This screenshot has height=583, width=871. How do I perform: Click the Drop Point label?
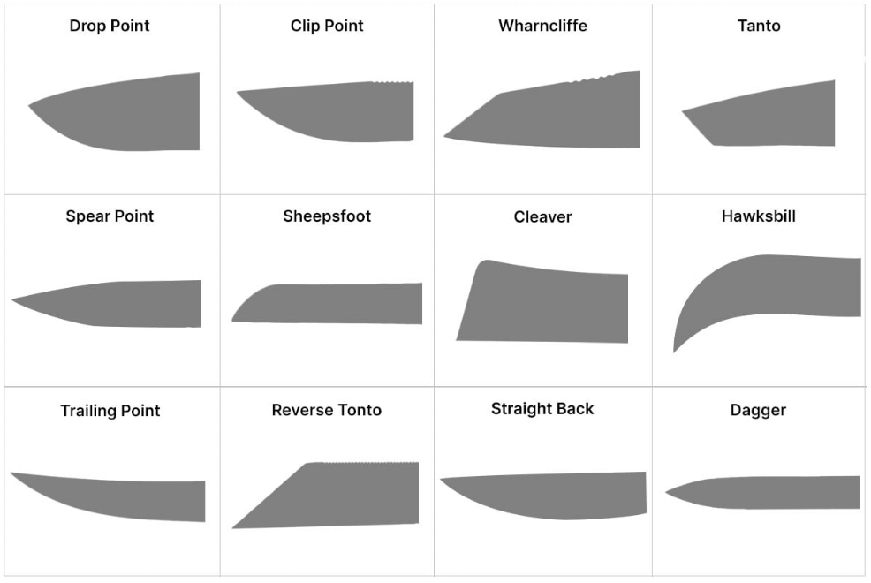point(110,26)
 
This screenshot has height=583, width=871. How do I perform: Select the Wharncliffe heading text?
point(542,26)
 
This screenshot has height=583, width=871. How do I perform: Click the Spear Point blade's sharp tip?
point(14,300)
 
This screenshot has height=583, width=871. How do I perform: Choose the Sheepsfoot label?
point(327,216)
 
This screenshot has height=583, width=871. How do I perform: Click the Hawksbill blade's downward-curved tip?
point(676,350)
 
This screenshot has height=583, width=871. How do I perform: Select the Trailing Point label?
point(110,411)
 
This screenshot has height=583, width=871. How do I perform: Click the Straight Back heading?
point(542,409)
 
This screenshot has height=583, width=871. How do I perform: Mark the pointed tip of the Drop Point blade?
point(30,106)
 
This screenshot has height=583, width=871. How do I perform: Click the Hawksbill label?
point(758,216)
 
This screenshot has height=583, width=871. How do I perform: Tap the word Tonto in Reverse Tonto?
point(357,410)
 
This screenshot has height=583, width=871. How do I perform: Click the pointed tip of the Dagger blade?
point(668,493)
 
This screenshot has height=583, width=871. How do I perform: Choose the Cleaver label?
point(542,217)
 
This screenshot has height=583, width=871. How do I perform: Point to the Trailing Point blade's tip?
point(13,474)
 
